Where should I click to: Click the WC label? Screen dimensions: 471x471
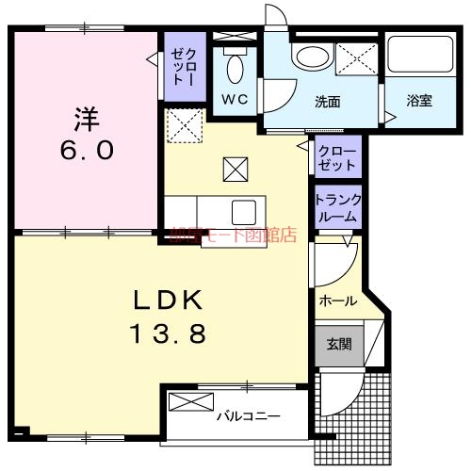[x=235, y=99]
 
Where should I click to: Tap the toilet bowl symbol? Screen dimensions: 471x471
[x=235, y=67]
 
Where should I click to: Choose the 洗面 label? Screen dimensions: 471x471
[x=327, y=100]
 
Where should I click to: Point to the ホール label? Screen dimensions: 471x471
[x=337, y=301]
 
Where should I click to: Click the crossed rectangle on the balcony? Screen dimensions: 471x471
[x=191, y=402]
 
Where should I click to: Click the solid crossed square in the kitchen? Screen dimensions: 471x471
[x=234, y=170]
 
